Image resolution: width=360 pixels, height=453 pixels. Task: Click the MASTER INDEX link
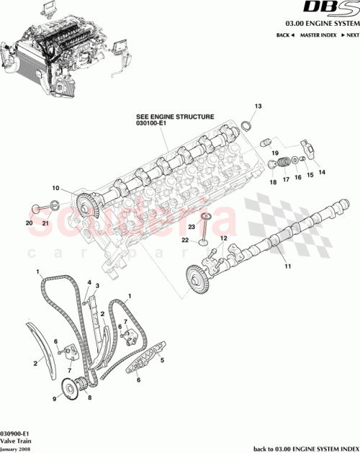(x=319, y=35)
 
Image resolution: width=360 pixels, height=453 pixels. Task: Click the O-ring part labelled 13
(x=245, y=127)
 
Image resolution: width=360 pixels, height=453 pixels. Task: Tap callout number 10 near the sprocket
(x=55, y=189)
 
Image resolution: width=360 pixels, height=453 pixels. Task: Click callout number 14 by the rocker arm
(x=320, y=172)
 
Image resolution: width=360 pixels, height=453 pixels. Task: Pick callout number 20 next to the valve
(x=30, y=223)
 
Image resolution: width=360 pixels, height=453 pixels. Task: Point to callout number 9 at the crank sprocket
(x=53, y=398)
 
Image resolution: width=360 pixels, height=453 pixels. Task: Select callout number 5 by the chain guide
(x=162, y=360)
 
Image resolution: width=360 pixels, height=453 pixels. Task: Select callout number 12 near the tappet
(x=224, y=238)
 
